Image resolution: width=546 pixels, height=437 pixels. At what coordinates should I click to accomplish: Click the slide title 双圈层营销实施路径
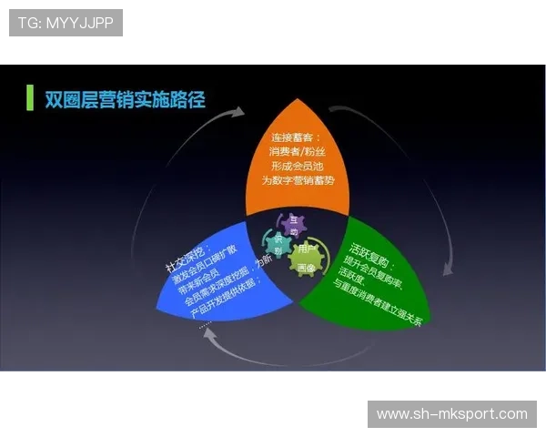click(x=126, y=98)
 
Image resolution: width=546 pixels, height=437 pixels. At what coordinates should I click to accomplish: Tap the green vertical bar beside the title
click(x=30, y=97)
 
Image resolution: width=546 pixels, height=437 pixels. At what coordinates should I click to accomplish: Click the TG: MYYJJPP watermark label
click(x=66, y=23)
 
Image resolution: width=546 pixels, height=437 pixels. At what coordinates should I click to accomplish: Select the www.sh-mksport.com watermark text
click(x=451, y=414)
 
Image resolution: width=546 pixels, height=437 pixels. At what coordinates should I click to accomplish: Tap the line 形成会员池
click(x=297, y=167)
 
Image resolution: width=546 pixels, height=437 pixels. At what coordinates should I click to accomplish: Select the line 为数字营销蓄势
click(x=298, y=182)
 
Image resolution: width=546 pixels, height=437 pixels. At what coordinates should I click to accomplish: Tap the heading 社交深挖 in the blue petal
click(x=187, y=260)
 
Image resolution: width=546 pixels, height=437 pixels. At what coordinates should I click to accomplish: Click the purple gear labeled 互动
click(x=291, y=224)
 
